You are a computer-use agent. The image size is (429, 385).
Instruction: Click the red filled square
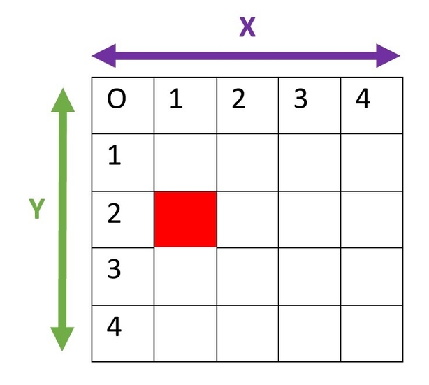coord(185,219)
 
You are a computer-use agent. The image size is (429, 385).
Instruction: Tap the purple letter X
coord(247,27)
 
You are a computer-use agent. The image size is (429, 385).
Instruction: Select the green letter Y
coord(37,209)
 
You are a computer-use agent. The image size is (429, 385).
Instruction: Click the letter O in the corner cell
coord(117,99)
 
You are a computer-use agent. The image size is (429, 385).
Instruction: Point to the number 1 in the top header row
coord(176,99)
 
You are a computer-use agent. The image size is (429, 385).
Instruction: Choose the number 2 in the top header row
coord(238,99)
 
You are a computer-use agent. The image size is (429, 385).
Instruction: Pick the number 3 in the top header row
coord(300,99)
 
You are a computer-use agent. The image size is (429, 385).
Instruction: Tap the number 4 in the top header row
coord(363,99)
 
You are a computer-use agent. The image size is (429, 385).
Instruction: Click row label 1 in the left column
coord(115,155)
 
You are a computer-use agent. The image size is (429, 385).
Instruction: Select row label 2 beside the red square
coord(114,213)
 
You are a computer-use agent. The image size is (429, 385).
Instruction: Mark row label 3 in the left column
coord(114,269)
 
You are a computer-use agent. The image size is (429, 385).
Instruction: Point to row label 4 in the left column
coord(114,326)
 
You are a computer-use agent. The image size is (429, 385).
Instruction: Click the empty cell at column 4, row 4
coord(372,333)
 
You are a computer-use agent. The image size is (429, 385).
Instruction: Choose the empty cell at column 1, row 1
coord(185,162)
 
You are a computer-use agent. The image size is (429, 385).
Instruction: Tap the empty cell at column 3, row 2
coord(310,219)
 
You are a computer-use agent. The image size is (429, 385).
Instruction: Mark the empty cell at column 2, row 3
coord(247,276)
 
